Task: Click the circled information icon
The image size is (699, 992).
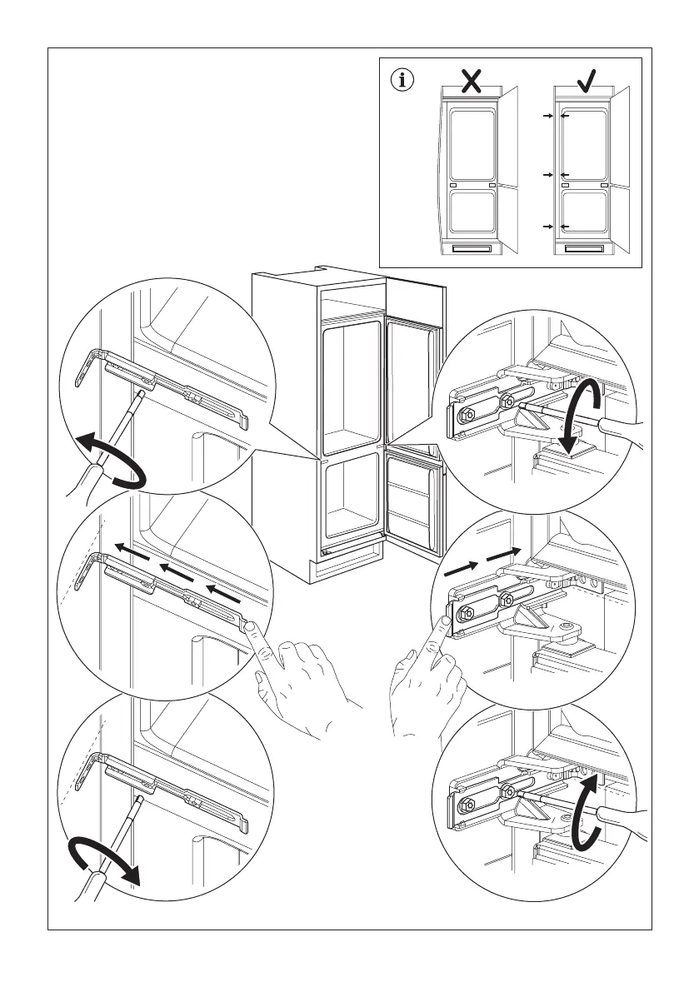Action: point(404,81)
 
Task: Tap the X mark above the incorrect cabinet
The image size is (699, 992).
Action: point(472,80)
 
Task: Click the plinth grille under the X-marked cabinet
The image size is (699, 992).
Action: point(472,247)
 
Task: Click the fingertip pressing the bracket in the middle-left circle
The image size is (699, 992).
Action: point(257,629)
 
